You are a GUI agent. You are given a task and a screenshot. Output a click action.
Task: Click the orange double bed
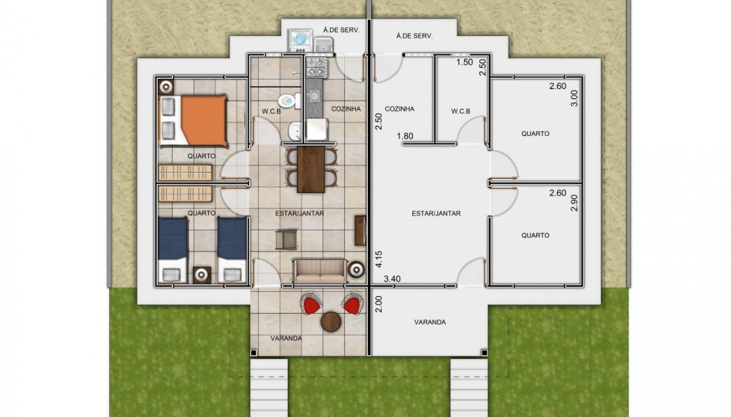(x=194, y=121)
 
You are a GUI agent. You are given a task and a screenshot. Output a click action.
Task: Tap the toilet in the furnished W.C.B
(x=289, y=100)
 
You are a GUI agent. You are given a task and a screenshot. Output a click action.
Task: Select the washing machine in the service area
(x=299, y=40)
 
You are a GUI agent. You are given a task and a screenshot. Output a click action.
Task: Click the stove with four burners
(x=317, y=66)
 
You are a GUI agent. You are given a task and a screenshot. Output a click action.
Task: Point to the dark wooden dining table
(x=311, y=169)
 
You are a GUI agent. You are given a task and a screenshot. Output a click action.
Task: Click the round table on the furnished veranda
(x=331, y=322)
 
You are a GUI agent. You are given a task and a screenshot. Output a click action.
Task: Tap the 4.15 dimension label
(x=378, y=259)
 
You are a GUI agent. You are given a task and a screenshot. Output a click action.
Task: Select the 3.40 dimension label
(x=392, y=279)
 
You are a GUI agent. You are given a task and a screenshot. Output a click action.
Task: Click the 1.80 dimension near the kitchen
(x=405, y=136)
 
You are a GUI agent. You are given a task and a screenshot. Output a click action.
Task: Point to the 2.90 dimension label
(x=575, y=203)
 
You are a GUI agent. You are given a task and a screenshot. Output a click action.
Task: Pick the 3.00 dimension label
(x=575, y=98)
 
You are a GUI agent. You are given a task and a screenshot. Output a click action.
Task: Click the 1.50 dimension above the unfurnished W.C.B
(x=464, y=62)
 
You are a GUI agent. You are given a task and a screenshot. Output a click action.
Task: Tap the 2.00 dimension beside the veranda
(x=378, y=304)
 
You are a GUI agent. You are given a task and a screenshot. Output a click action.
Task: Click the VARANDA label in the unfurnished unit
(x=430, y=322)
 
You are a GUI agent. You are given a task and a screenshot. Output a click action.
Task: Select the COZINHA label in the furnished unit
(x=346, y=108)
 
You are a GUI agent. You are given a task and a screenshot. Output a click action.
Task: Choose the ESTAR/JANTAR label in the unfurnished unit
(x=437, y=213)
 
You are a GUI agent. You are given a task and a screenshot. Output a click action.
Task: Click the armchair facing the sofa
(x=286, y=239)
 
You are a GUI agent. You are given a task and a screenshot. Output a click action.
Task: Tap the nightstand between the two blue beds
(x=201, y=275)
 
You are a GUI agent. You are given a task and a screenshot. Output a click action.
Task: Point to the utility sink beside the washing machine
(x=323, y=45)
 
